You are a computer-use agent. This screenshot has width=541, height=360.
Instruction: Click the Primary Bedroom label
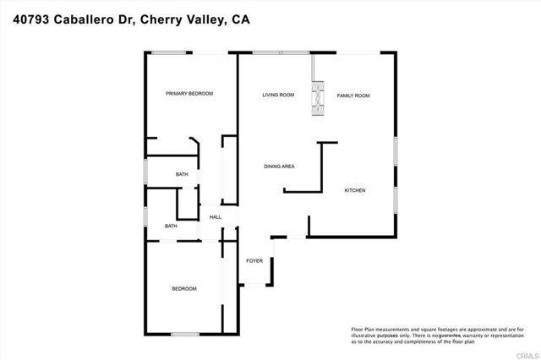click(189, 93)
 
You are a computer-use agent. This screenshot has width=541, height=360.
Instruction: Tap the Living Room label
click(277, 95)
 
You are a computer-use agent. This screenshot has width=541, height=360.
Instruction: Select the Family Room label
click(353, 95)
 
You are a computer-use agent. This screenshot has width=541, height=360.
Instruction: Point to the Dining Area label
click(278, 166)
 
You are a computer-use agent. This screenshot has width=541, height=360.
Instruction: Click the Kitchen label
click(354, 191)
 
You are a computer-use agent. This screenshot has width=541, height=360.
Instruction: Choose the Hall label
click(216, 217)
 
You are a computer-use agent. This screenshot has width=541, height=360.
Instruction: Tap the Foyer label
click(254, 260)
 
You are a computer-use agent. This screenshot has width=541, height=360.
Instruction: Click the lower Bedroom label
click(184, 289)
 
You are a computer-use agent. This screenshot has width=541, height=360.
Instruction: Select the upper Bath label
click(182, 175)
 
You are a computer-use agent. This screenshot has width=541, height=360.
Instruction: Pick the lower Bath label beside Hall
click(171, 226)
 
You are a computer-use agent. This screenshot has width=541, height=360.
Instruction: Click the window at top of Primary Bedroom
click(170, 54)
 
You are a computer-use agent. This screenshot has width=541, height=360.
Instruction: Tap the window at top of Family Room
click(353, 54)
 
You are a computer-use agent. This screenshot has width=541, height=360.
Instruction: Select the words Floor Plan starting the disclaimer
click(364, 328)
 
